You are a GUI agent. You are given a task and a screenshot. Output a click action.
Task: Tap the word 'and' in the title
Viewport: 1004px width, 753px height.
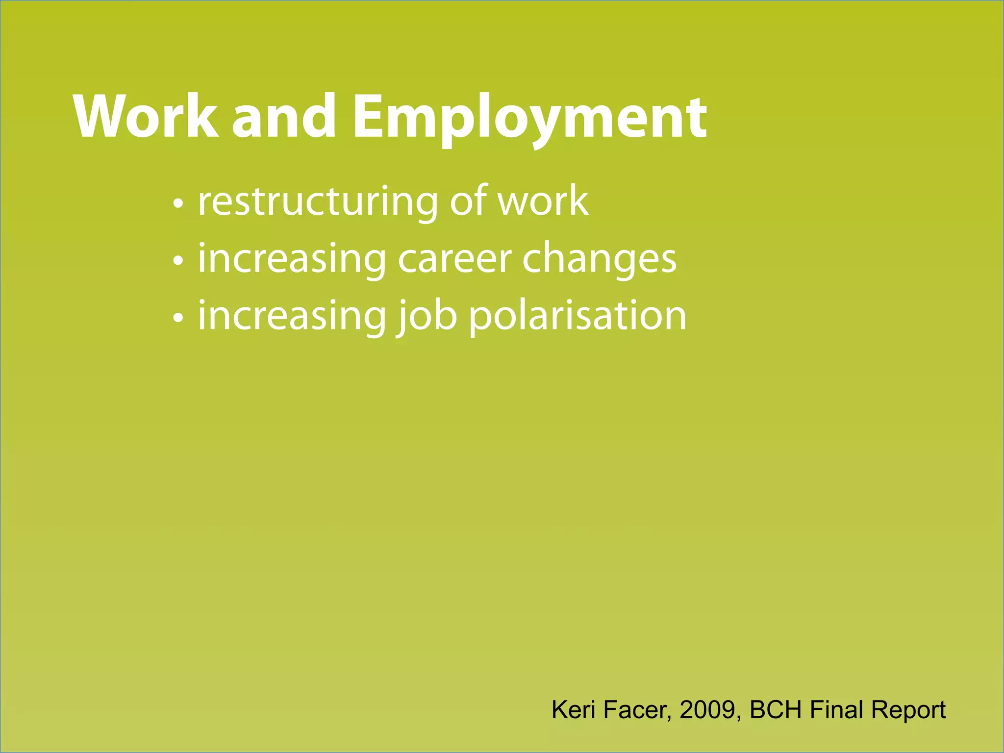[x=284, y=117]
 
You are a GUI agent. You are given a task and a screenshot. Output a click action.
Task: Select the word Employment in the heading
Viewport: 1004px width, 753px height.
[x=529, y=118]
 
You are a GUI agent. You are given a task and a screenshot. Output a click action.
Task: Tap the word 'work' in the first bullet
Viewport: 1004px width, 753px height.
[x=543, y=201]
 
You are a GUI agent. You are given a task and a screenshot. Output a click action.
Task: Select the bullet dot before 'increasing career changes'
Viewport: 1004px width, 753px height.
[x=178, y=260]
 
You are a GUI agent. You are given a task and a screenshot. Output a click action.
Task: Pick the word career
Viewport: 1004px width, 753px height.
[x=455, y=259]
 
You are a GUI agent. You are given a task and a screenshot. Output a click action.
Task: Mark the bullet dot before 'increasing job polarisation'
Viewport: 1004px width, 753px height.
[x=178, y=318]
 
